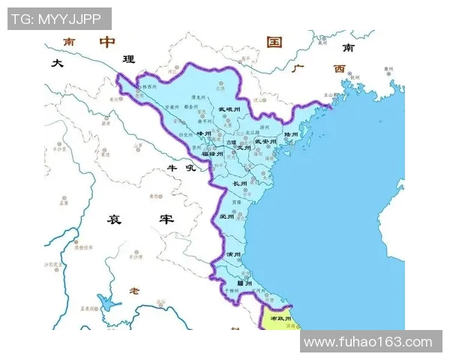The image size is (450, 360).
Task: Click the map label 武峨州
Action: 229,109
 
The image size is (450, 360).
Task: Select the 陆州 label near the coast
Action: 291,135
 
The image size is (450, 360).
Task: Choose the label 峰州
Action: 204,132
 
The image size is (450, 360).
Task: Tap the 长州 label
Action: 240,183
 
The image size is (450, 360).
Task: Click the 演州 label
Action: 234,254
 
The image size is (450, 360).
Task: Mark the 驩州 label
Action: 244,283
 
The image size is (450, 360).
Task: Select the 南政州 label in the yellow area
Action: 279,319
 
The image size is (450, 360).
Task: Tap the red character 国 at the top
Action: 274,41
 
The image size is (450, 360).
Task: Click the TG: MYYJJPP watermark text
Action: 59,19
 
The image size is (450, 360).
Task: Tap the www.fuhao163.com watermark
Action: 368,342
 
